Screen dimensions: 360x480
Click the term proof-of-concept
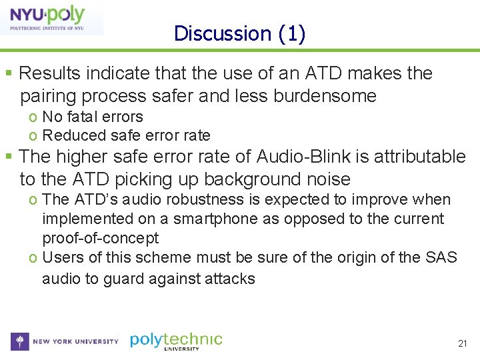click(x=100, y=238)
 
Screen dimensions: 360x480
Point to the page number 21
click(x=462, y=343)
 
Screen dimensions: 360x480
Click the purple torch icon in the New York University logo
click(x=20, y=341)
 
